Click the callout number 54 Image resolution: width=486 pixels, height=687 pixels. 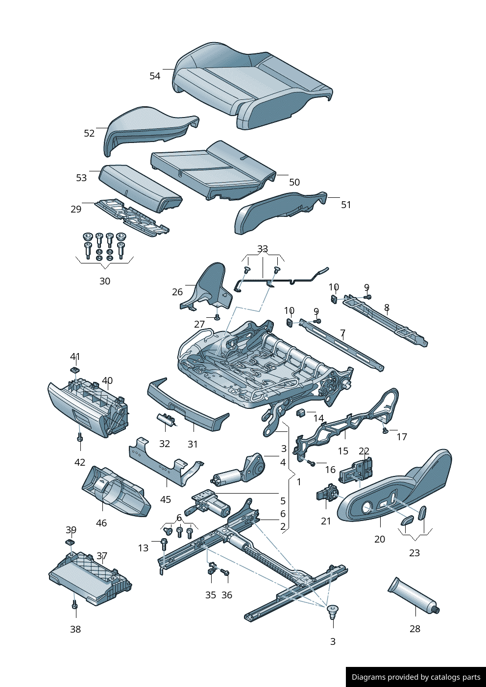pos(155,76)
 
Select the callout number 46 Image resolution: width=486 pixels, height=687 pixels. pos(101,523)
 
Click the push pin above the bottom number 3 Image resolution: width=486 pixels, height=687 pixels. pos(333,611)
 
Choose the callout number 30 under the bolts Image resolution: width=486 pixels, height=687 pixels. pos(105,281)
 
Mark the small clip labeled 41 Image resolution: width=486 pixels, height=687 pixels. pos(75,370)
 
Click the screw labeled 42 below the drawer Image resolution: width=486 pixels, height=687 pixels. pos(80,438)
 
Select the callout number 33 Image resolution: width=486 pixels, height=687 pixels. pos(263,249)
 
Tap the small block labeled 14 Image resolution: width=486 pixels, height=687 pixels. pos(301,412)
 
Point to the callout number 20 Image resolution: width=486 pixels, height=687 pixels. pos(380,539)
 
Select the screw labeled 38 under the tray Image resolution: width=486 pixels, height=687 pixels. pos(74,606)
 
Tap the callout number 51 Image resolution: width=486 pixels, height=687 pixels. pos(346,205)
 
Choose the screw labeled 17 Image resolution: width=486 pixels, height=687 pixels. pos(385,430)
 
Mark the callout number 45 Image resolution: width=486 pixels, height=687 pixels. pos(166,499)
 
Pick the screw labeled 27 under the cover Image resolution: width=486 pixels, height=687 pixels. pos(217,317)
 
